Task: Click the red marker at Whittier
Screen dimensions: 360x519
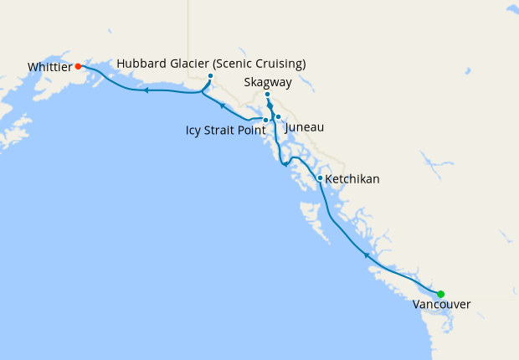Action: pyautogui.click(x=78, y=65)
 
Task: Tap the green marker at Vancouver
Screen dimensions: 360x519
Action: pyautogui.click(x=440, y=294)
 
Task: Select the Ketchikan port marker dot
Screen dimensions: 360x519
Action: pyautogui.click(x=320, y=177)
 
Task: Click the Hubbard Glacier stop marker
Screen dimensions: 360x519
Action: pyautogui.click(x=210, y=76)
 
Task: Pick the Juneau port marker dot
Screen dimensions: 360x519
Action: pyautogui.click(x=278, y=117)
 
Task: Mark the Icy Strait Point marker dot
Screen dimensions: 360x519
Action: pyautogui.click(x=265, y=121)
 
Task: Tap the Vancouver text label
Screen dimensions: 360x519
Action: pyautogui.click(x=441, y=305)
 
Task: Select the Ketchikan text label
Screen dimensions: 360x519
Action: pyautogui.click(x=352, y=179)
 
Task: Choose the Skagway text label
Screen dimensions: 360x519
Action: pyautogui.click(x=267, y=82)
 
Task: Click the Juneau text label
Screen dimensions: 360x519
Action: pyautogui.click(x=305, y=127)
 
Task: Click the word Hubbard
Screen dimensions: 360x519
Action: pyautogui.click(x=143, y=64)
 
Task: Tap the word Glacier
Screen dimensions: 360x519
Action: pyautogui.click(x=195, y=64)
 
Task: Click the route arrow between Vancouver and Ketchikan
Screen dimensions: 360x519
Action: pyautogui.click(x=366, y=253)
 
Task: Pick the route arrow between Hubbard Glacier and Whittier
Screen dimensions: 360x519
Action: pyautogui.click(x=146, y=90)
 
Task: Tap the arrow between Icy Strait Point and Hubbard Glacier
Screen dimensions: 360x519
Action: pyautogui.click(x=221, y=105)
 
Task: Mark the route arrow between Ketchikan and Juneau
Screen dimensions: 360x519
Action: pyautogui.click(x=285, y=163)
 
